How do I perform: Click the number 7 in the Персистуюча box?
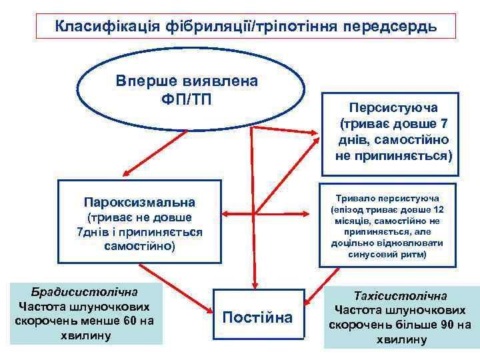(x=444, y=125)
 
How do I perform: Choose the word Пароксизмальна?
(x=140, y=201)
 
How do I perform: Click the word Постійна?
(x=257, y=317)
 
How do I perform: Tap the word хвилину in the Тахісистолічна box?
(x=401, y=341)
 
